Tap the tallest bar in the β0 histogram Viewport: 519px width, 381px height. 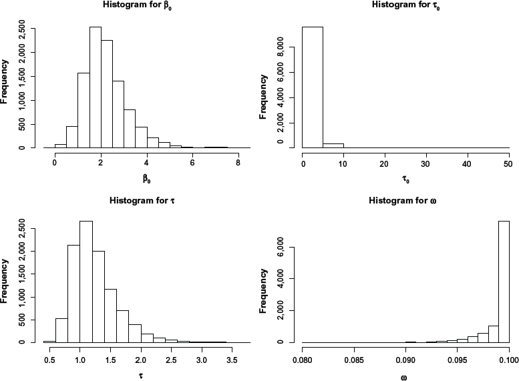(95, 87)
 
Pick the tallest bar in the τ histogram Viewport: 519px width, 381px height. (86, 281)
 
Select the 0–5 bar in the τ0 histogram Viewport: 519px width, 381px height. (313, 87)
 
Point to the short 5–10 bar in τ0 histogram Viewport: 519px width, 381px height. (333, 145)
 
